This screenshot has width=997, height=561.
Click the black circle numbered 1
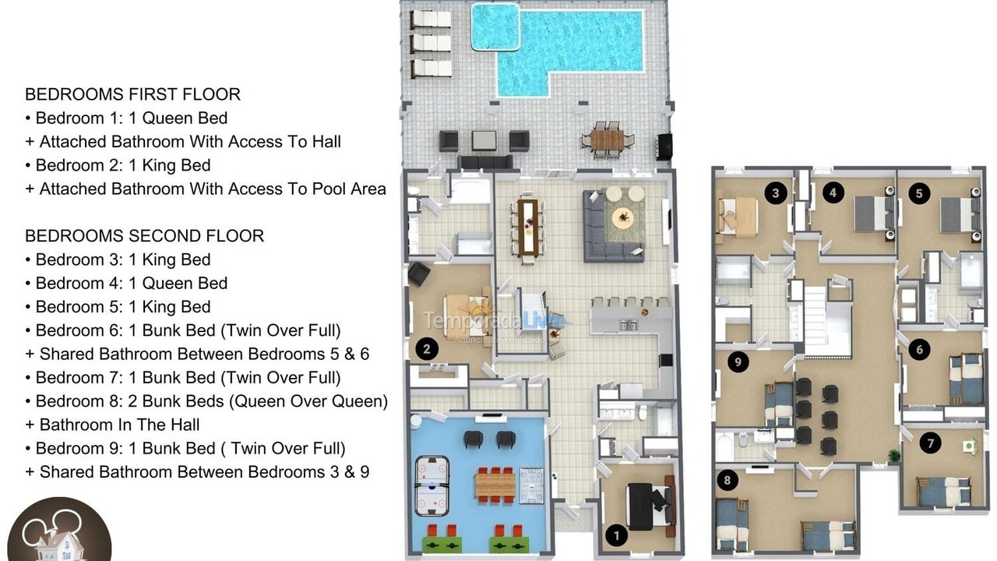(x=617, y=535)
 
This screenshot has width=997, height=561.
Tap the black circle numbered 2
(x=426, y=349)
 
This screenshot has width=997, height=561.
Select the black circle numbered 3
(x=774, y=192)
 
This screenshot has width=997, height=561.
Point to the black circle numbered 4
(x=833, y=192)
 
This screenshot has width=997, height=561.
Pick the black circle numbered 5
(x=919, y=192)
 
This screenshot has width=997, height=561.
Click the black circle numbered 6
(x=919, y=350)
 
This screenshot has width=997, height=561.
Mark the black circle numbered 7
(x=928, y=443)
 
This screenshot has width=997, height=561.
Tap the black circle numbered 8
(x=727, y=481)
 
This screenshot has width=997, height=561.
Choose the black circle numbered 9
(x=736, y=360)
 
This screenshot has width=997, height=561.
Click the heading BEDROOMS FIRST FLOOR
(x=132, y=94)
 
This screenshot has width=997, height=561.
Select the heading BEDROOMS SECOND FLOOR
(x=144, y=235)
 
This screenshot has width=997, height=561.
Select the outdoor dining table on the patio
(x=607, y=139)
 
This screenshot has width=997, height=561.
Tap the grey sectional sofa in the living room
(x=608, y=234)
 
